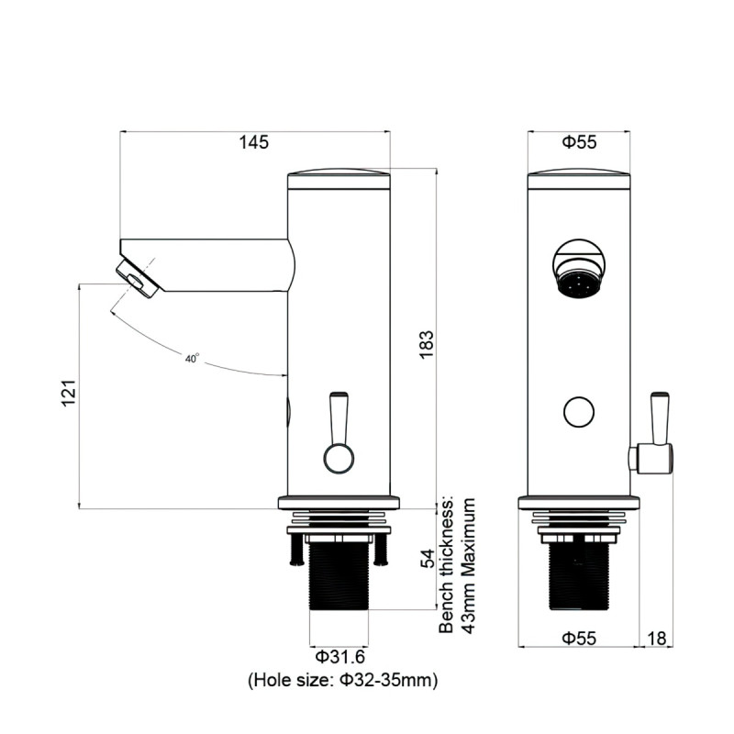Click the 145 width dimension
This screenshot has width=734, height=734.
point(253,142)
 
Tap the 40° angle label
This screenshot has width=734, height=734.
point(192,359)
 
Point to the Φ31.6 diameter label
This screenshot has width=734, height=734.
point(340,657)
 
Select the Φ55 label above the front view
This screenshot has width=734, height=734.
point(579,142)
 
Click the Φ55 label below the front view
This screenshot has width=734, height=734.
point(579,637)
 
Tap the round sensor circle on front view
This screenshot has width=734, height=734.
point(578,412)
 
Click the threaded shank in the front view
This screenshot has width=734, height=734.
point(579,576)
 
